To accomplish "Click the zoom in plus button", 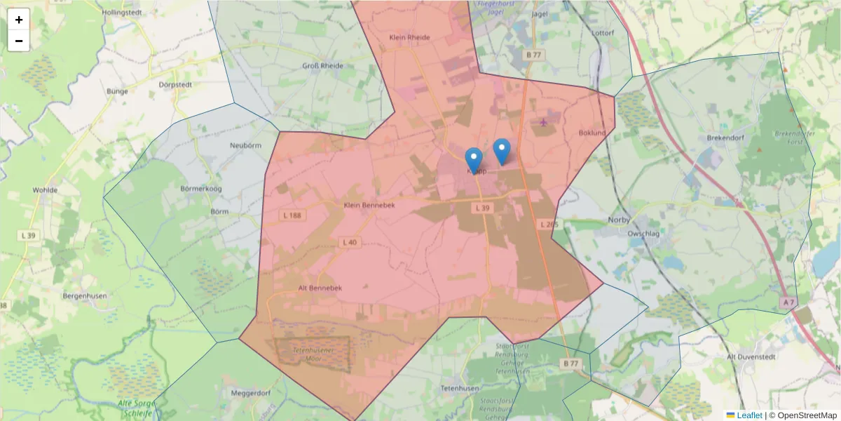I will pos(19,20).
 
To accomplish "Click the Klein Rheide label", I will pos(409,38).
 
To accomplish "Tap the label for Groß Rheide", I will pos(322,66).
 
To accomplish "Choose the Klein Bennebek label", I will pos(370,205).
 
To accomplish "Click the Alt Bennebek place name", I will pos(320,288).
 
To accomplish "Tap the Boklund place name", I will pos(592,133).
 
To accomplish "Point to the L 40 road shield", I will pos(350,242).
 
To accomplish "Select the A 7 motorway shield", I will pos(788,302).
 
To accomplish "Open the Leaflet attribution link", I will pos(749,415).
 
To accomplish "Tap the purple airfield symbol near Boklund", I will pos(544,123).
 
